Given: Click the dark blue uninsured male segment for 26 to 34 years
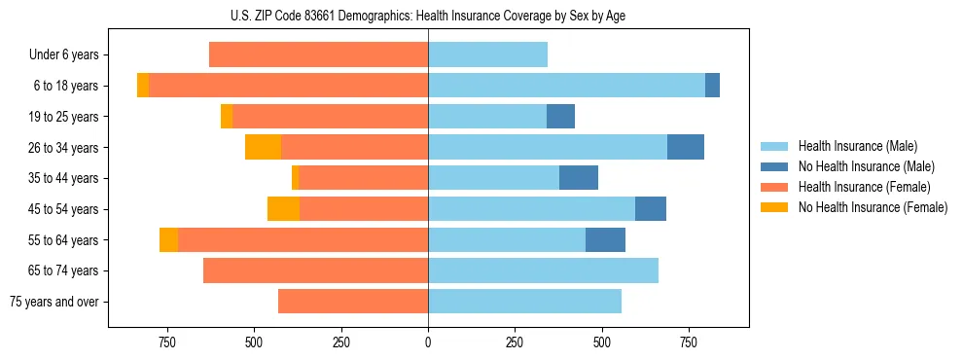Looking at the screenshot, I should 686,147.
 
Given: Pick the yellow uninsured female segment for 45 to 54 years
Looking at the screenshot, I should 283,209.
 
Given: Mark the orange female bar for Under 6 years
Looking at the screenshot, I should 318,55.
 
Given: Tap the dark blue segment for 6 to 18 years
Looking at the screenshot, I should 712,86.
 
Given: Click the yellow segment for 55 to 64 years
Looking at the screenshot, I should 168,239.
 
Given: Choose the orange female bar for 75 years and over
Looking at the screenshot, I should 353,302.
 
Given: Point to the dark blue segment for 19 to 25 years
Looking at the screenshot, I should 560,117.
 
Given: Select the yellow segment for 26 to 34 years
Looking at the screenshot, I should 263,147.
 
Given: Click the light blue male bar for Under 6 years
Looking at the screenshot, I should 487,55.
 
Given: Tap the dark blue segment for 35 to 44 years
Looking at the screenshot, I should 579,178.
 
